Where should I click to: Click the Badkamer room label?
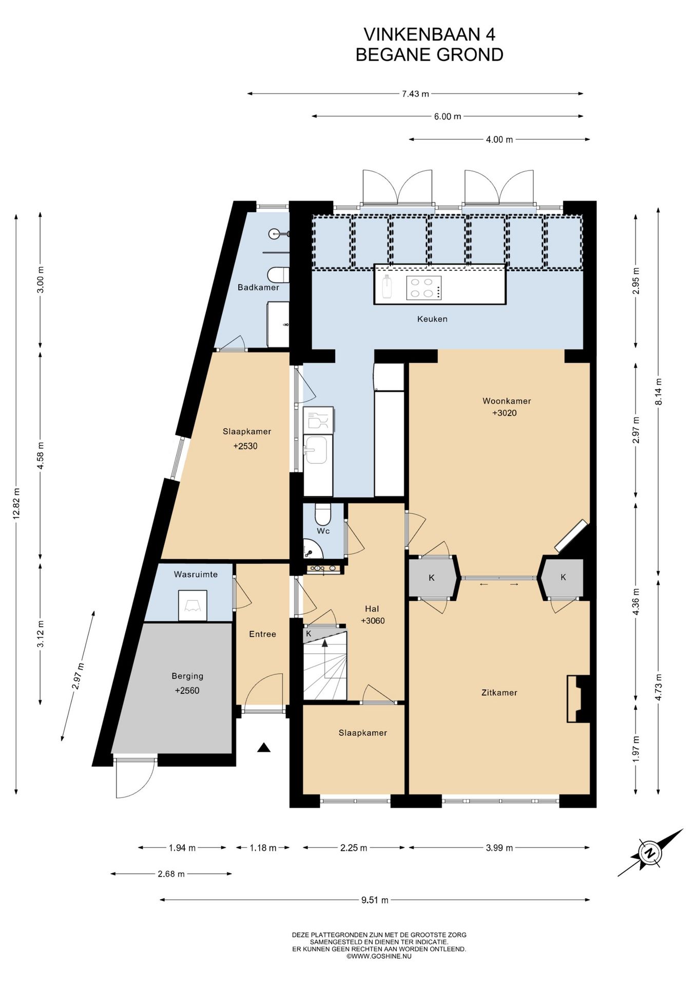coord(258,287)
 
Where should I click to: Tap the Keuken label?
coord(432,319)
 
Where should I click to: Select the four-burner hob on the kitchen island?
coord(424,288)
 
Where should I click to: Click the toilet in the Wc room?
coord(323,513)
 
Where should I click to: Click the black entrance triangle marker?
coord(264,748)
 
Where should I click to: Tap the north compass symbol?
coord(650,853)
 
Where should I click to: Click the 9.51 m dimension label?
coord(375,900)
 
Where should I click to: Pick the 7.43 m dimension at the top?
coord(415,94)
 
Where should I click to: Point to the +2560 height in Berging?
coord(187,691)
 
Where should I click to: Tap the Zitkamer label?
coord(499,693)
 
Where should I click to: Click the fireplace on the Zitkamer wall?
coord(577,699)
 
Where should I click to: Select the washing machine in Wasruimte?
coord(192,605)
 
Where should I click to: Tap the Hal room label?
coord(372,609)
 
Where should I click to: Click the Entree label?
coord(262,634)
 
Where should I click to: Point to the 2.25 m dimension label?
coord(354,848)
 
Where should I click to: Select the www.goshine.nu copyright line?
coord(379,956)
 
